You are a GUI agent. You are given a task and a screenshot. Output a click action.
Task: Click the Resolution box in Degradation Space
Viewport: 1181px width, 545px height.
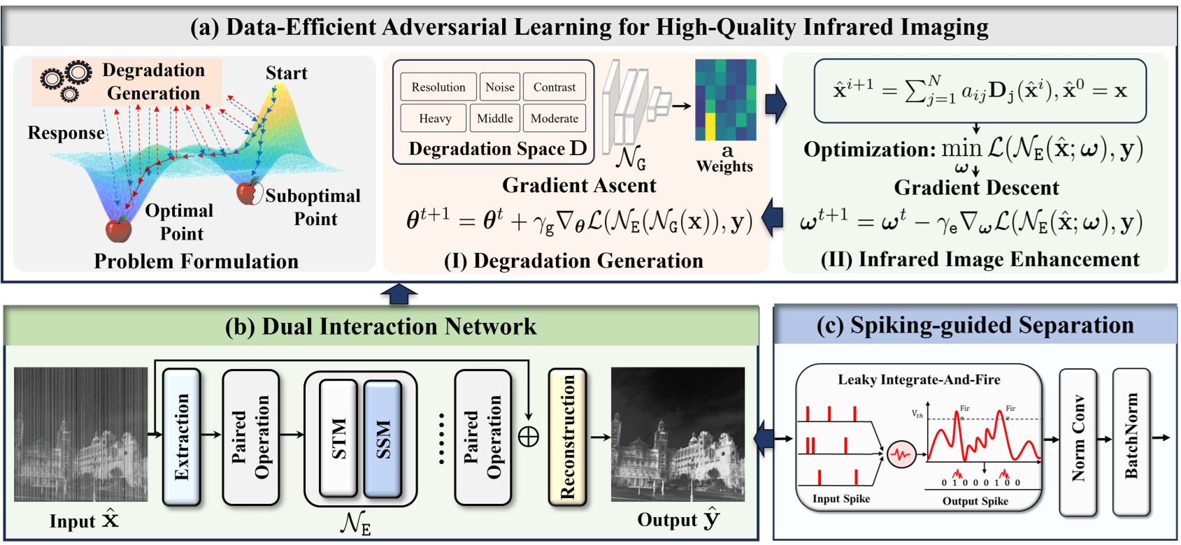[x=438, y=87]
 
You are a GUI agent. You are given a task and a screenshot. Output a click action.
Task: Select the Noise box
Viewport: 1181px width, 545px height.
[x=499, y=87]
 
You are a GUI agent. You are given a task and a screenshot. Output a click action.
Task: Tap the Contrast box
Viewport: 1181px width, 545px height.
[x=554, y=87]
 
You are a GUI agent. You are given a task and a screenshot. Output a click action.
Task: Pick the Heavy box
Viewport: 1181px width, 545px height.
[x=434, y=118]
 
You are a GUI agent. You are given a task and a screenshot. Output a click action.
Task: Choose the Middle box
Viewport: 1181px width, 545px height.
[x=495, y=118]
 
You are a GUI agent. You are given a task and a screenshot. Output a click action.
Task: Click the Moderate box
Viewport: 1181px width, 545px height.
[x=554, y=118]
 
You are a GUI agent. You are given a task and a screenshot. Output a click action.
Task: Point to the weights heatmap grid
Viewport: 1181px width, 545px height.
[x=725, y=100]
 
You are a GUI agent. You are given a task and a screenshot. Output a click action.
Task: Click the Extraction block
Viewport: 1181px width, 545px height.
[x=182, y=437]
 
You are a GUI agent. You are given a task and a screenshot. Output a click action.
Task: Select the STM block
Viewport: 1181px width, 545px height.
[x=338, y=438]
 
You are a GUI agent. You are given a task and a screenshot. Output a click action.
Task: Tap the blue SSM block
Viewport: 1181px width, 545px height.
[x=383, y=438]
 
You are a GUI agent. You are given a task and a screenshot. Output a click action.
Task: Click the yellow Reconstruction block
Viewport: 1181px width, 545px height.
[x=567, y=437]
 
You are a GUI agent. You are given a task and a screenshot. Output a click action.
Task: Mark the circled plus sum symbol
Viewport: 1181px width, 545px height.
[x=529, y=437]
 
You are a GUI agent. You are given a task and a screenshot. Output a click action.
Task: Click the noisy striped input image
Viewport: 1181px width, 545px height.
[x=81, y=434]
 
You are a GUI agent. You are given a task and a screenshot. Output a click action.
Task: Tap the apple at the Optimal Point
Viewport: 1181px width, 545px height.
[x=118, y=228]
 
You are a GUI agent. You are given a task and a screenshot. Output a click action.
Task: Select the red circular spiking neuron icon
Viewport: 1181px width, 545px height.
[x=901, y=455]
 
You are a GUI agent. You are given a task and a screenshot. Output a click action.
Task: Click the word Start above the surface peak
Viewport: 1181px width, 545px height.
[x=286, y=73]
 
